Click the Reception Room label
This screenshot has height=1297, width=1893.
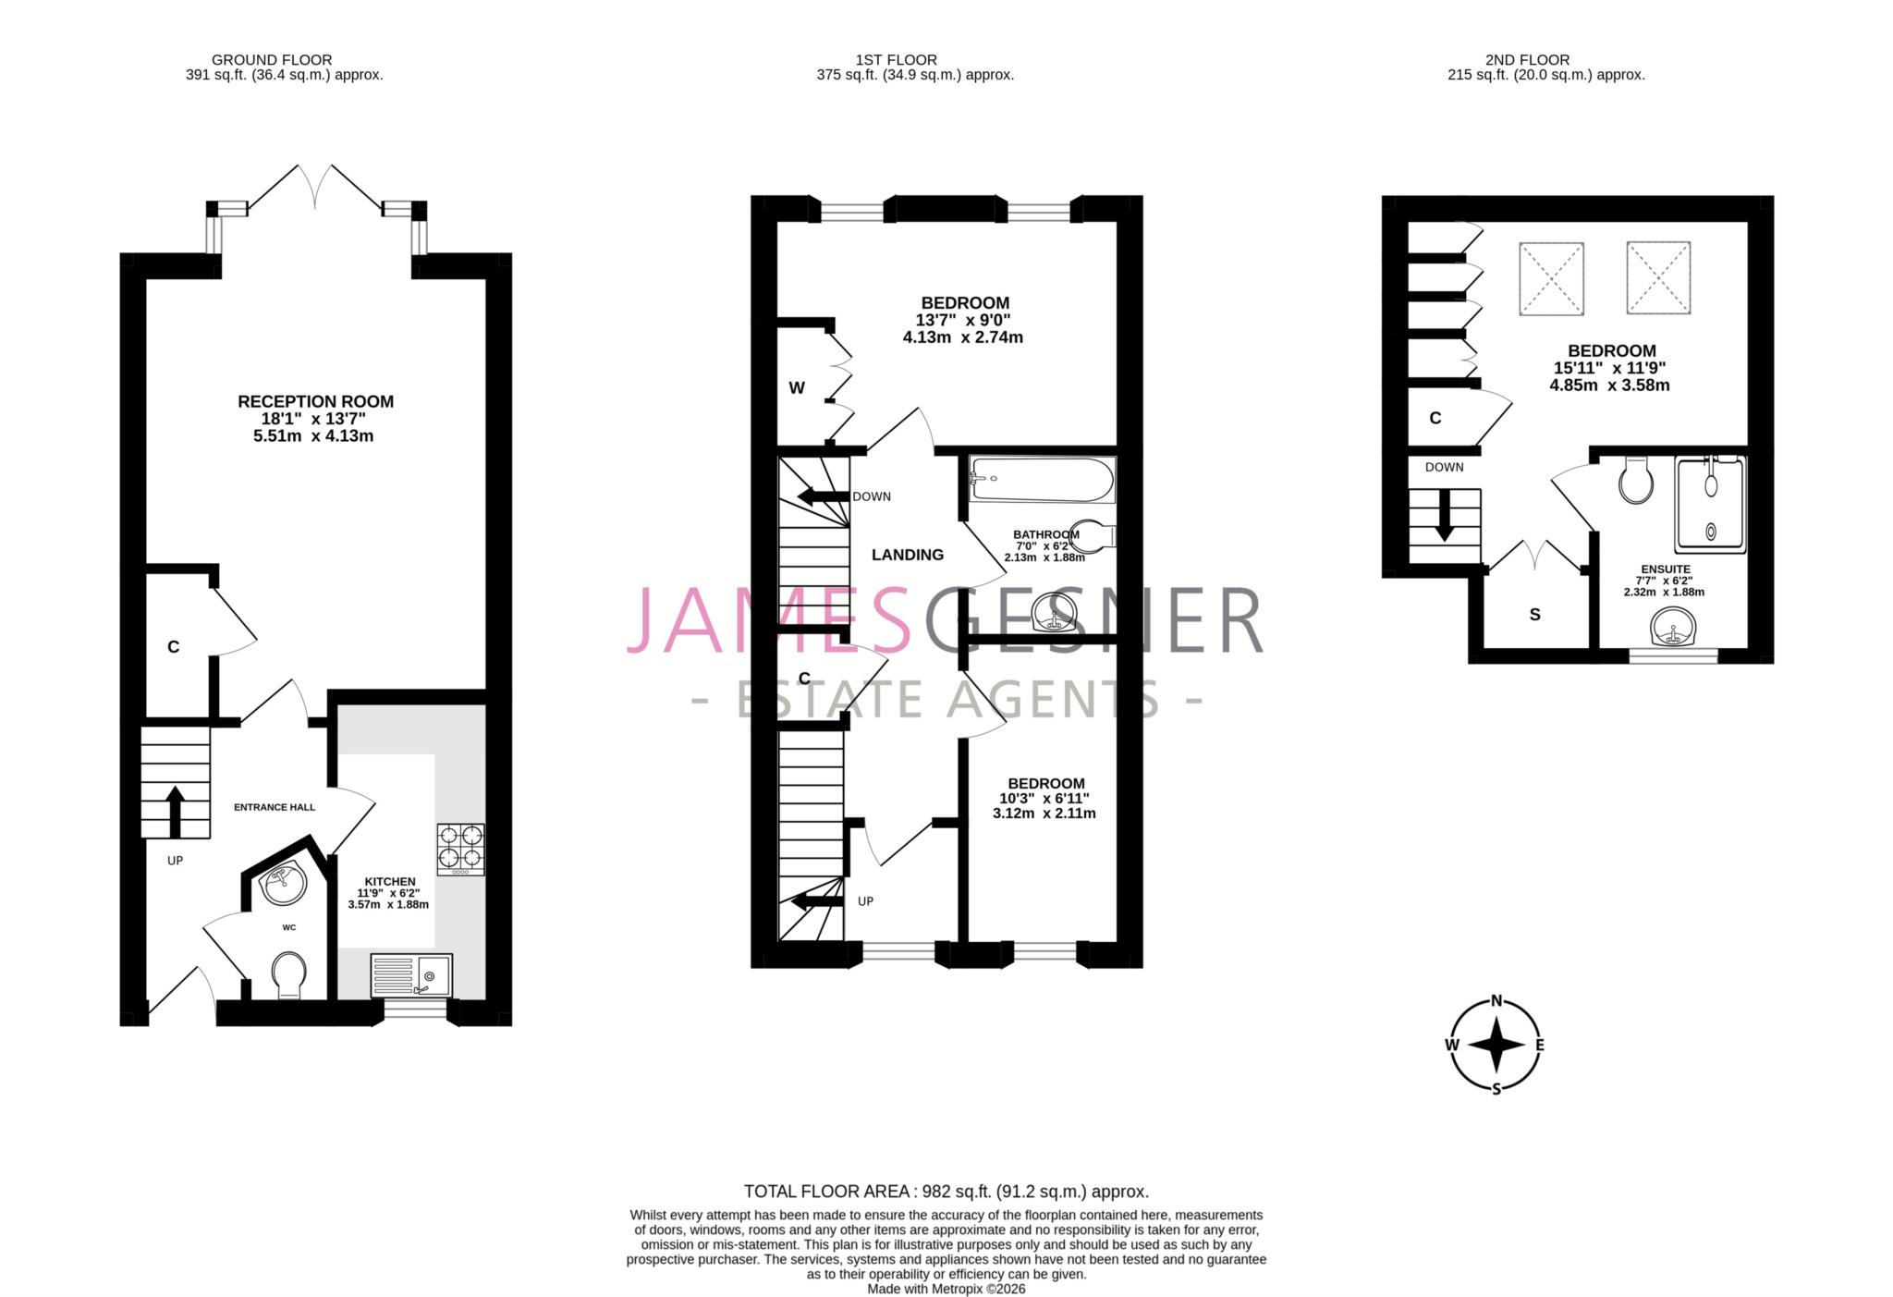point(315,401)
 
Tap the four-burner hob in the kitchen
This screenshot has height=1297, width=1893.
point(460,849)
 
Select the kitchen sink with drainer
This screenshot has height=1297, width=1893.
point(411,975)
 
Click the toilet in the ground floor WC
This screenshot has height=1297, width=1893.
point(290,976)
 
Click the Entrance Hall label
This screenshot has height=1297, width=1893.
point(275,807)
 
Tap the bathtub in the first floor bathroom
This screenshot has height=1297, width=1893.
point(1042,479)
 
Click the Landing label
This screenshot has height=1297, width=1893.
point(908,555)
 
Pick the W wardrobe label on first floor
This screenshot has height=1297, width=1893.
point(797,388)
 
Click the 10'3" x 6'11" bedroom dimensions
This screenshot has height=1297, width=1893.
point(1044,799)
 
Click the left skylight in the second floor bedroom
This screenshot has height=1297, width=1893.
point(1551,277)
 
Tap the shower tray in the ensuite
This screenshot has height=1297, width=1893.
point(1710,505)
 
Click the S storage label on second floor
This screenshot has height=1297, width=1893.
point(1535,615)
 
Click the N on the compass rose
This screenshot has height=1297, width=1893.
point(1496,1001)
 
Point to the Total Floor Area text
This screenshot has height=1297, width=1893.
point(946,1192)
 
